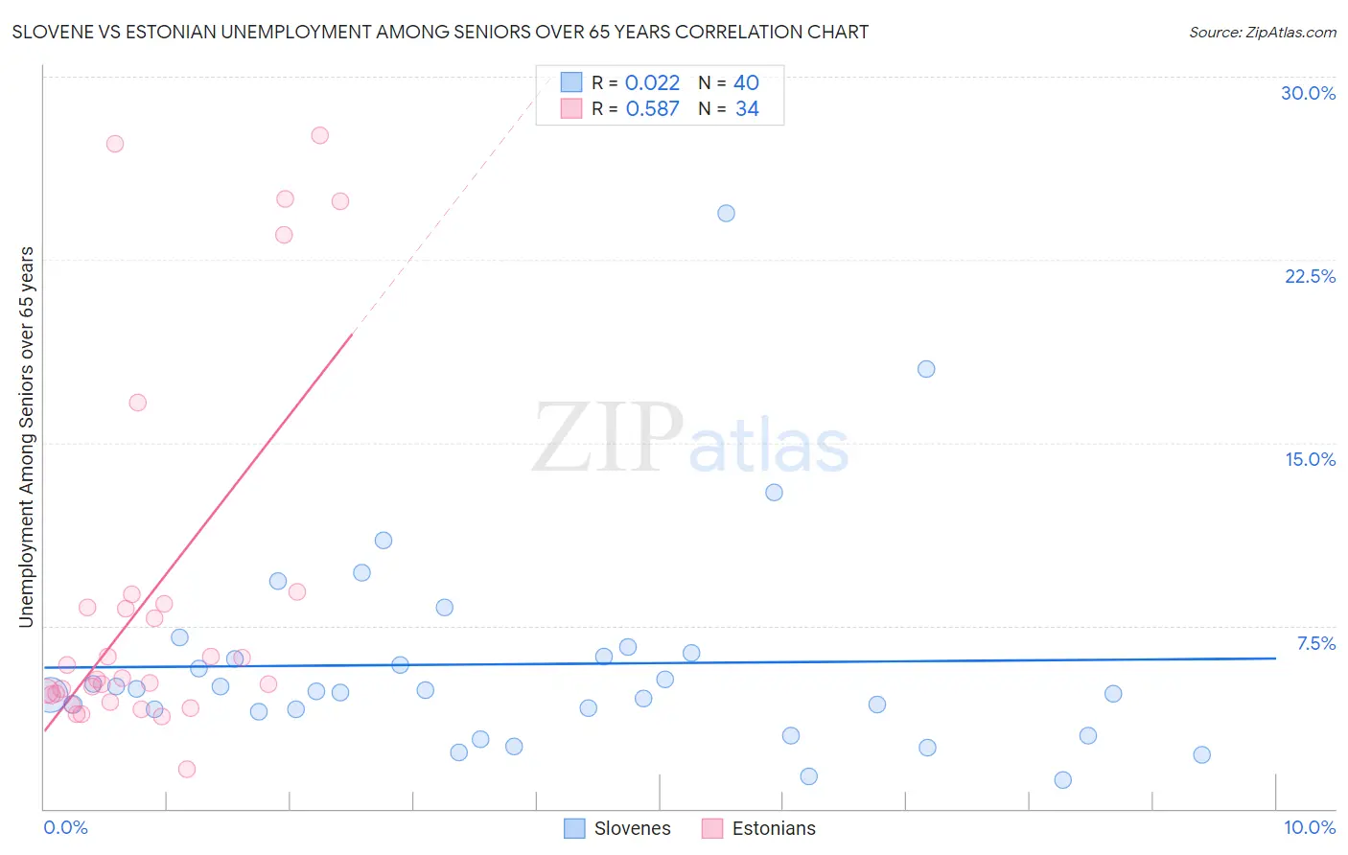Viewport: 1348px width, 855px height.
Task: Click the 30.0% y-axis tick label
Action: pyautogui.click(x=1308, y=93)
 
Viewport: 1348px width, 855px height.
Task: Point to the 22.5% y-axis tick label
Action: pyautogui.click(x=1310, y=276)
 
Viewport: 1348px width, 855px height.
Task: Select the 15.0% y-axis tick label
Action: pyautogui.click(x=1310, y=459)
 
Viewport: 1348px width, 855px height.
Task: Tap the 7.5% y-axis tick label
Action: pyautogui.click(x=1315, y=643)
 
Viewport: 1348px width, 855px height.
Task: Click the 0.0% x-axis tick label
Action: pyautogui.click(x=65, y=827)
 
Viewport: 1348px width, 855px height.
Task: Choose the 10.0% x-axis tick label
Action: pyautogui.click(x=1309, y=827)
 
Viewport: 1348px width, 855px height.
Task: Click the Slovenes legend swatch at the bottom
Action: pyautogui.click(x=574, y=828)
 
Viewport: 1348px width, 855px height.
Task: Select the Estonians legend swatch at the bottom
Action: pyautogui.click(x=712, y=828)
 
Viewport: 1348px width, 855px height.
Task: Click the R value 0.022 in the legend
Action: pyautogui.click(x=652, y=83)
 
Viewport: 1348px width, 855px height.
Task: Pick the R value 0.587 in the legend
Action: pyautogui.click(x=652, y=109)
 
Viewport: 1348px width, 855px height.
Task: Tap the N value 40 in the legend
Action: pyautogui.click(x=746, y=83)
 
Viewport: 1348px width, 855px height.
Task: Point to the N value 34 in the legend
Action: pyautogui.click(x=747, y=109)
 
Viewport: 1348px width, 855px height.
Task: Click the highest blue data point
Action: pyautogui.click(x=726, y=213)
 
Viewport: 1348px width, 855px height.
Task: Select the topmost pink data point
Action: pyautogui.click(x=320, y=135)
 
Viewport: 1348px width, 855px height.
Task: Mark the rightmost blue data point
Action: pyautogui.click(x=1201, y=754)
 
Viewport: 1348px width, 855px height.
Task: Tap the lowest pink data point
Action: pyautogui.click(x=187, y=769)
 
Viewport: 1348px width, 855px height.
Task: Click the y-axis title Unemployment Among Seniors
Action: pyautogui.click(x=26, y=437)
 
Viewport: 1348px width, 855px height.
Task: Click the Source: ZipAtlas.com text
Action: pyautogui.click(x=1262, y=32)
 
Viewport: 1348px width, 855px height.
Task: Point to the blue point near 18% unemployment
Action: pyautogui.click(x=926, y=369)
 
